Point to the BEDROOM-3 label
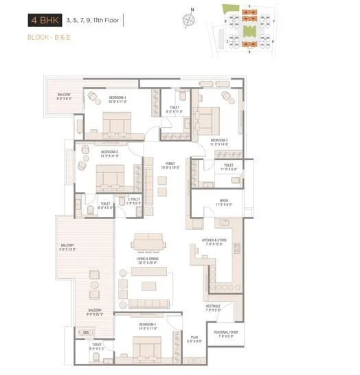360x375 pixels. pos(219,140)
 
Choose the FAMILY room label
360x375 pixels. pos(170,165)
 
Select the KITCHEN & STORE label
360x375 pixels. pos(214,241)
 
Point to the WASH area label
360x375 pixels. pos(224,202)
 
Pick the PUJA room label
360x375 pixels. pos(194,337)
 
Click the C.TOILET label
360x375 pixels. pos(134,201)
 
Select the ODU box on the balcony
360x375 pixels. pos(87,333)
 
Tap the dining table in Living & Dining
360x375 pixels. pos(148,242)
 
